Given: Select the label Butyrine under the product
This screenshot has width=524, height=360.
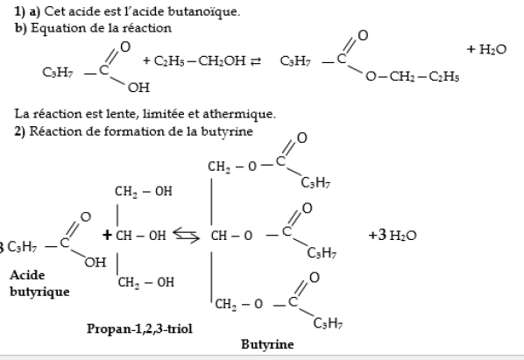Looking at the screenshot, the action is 267,344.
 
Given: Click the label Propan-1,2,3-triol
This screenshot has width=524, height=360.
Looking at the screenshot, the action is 139,328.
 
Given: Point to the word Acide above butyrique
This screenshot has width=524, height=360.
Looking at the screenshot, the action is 27,275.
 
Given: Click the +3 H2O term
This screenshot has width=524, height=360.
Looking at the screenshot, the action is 393,235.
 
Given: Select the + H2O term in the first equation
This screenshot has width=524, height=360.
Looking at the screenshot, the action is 486,49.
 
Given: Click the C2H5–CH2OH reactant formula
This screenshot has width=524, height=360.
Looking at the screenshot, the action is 200,60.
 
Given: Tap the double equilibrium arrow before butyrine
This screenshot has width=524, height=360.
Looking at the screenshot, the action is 186,236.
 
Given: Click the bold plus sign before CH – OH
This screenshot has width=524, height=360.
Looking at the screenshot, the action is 107,235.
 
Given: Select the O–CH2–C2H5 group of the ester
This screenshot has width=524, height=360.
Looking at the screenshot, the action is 413,76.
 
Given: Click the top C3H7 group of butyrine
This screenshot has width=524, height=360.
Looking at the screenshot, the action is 315,182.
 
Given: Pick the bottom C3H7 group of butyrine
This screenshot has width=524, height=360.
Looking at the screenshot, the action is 328,323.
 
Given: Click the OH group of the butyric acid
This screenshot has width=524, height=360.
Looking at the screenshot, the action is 96,263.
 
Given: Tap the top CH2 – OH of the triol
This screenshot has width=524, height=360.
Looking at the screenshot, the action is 144,191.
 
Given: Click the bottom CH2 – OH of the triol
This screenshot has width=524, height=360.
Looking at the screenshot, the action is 146,282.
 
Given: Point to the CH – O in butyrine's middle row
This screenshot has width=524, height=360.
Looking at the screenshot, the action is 231,236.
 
